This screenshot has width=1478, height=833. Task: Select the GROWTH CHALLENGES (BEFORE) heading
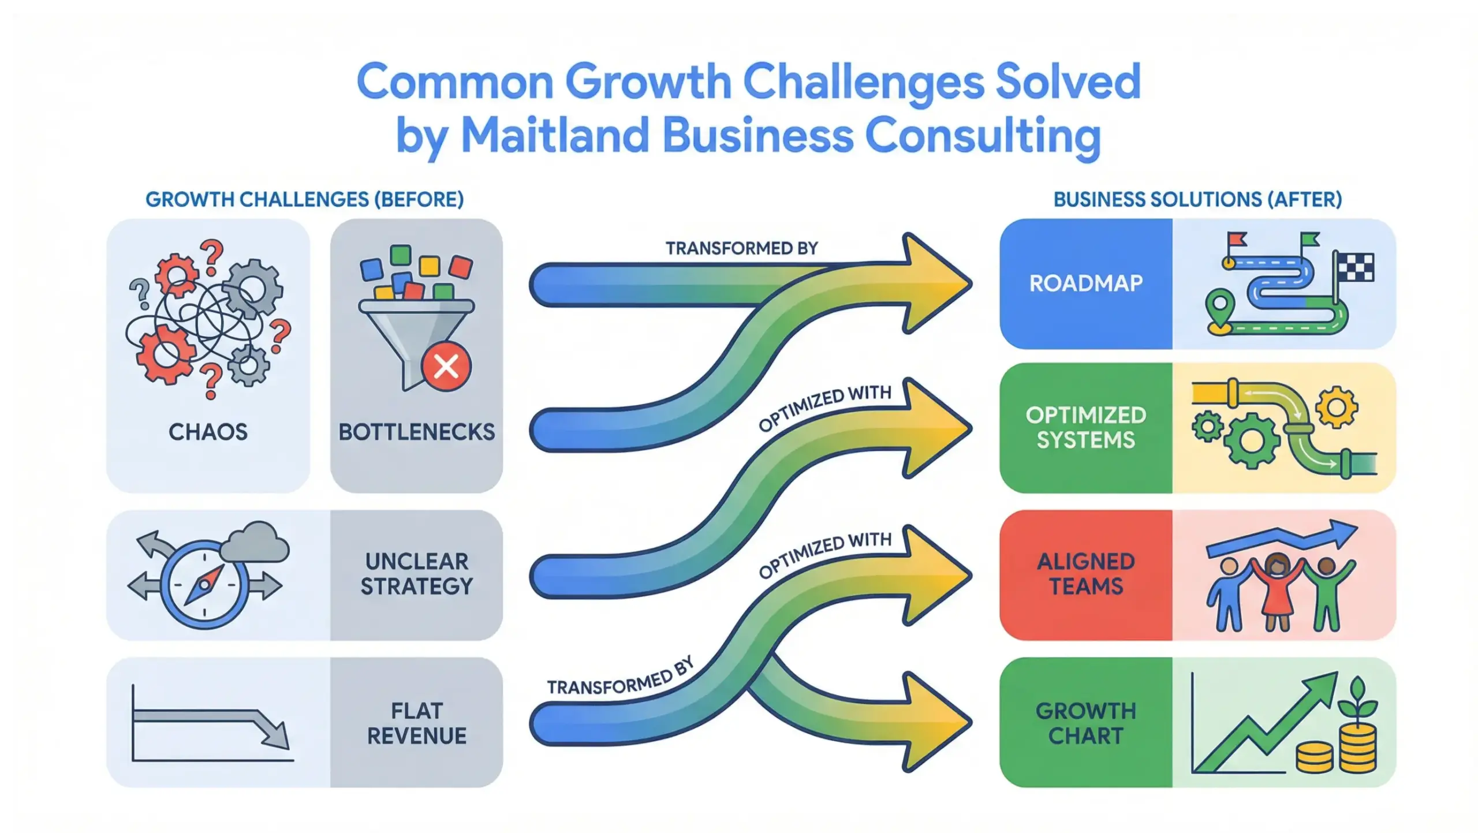click(304, 199)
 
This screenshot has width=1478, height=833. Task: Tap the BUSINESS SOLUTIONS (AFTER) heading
click(1197, 199)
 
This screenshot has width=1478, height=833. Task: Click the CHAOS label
click(208, 432)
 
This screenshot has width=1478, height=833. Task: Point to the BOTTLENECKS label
click(416, 432)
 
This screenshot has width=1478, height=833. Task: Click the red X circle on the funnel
click(446, 366)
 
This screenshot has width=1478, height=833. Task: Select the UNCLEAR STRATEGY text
click(416, 574)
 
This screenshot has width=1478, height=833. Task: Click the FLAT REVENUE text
click(416, 723)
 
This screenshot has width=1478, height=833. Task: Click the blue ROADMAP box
click(1085, 283)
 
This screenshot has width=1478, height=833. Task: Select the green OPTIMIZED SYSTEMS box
click(1085, 427)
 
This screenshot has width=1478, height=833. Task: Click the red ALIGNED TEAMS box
click(1085, 574)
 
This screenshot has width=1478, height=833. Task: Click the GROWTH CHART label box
click(1085, 723)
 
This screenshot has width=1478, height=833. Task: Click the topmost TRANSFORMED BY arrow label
click(741, 248)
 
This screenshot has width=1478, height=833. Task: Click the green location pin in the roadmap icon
click(1219, 305)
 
